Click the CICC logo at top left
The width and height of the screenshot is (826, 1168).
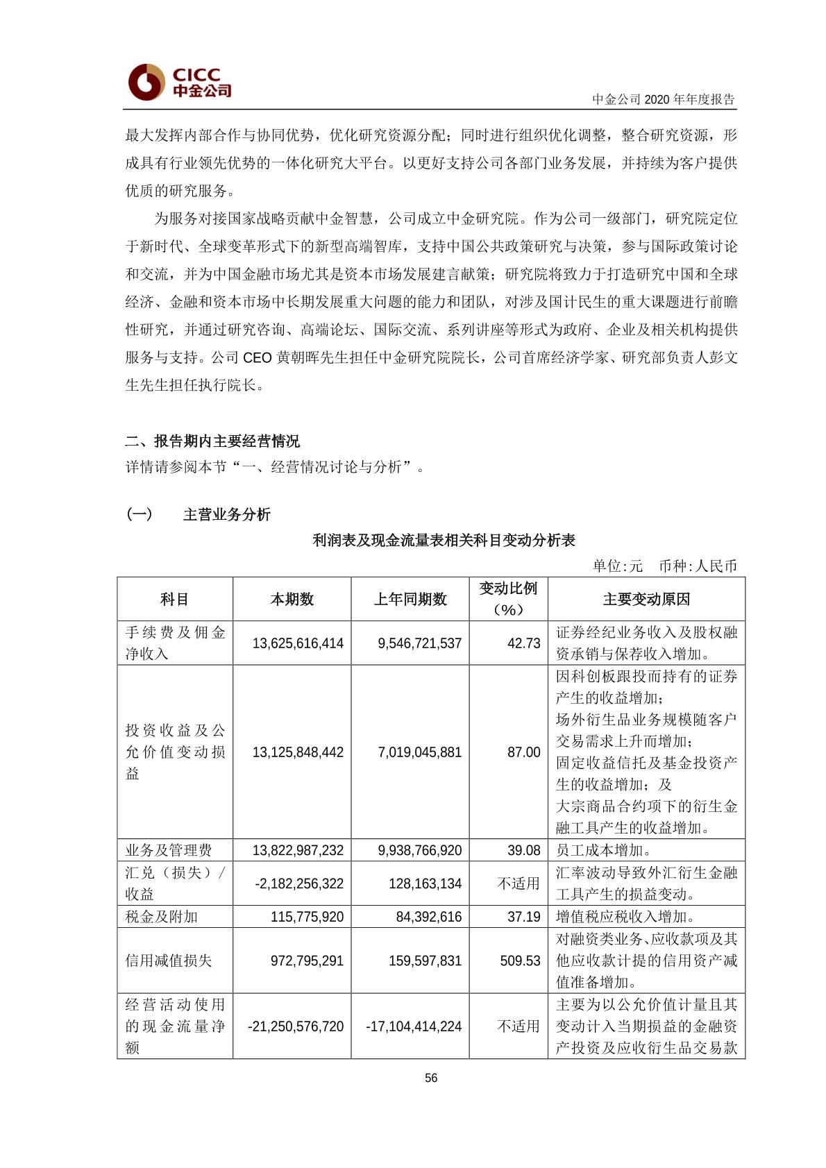tap(180, 82)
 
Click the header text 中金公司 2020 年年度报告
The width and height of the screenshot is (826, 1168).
tap(663, 99)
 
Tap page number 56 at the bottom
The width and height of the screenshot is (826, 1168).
tap(431, 1078)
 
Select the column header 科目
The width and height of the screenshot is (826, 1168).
tap(174, 599)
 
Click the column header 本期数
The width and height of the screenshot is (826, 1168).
tap(292, 599)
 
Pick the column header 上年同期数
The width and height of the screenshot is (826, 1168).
tap(410, 599)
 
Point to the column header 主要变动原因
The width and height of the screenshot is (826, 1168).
tap(646, 599)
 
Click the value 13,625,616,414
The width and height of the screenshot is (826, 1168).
tap(298, 643)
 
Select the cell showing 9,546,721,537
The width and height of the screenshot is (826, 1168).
tap(419, 643)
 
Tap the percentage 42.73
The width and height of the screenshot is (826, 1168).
tap(523, 643)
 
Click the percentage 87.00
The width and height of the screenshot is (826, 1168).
tap(523, 752)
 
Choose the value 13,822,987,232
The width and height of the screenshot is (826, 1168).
tap(298, 850)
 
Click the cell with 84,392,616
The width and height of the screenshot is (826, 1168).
tap(428, 917)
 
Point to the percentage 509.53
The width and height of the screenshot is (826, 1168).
tap(520, 960)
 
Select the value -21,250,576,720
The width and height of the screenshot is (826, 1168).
tap(296, 1026)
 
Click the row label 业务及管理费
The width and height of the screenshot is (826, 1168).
tap(169, 850)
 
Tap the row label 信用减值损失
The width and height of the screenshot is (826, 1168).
tap(169, 960)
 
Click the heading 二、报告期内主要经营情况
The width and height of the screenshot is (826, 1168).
tap(212, 441)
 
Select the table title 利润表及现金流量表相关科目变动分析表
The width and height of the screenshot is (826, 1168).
tap(444, 540)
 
